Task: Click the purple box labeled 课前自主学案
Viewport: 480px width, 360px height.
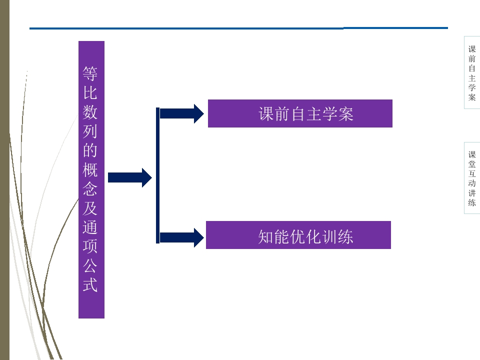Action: (300, 113)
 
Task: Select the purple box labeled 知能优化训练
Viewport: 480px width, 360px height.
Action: (298, 235)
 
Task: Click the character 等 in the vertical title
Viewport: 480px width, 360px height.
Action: (90, 74)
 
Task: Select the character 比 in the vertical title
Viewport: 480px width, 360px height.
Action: (90, 93)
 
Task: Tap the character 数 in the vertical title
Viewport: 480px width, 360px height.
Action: (90, 112)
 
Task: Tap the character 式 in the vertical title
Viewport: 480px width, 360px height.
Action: (90, 285)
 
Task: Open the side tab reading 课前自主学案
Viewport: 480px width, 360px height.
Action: (472, 72)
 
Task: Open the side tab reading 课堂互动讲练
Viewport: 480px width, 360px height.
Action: (472, 178)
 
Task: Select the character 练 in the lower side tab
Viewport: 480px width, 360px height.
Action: (472, 202)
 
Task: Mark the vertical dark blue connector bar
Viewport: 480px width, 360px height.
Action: (158, 175)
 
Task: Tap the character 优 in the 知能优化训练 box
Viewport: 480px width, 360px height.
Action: (298, 236)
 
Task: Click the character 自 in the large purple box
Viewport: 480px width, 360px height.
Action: (298, 114)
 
